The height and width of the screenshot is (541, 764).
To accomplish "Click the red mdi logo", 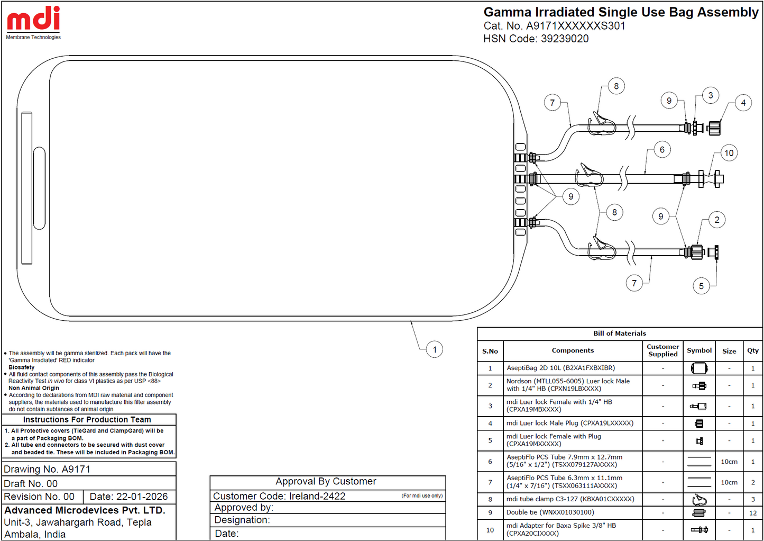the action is point(33,18).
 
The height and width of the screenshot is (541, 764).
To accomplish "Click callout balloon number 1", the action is point(434,349).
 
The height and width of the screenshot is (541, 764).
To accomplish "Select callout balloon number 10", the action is point(729,152).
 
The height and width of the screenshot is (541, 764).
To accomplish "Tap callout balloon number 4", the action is point(743,103).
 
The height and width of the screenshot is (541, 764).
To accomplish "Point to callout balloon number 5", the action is point(701,286).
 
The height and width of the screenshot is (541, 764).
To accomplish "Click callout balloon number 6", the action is point(662,150).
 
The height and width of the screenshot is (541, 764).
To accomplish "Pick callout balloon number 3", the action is point(711,95).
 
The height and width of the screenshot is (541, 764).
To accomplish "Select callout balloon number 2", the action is point(717,220).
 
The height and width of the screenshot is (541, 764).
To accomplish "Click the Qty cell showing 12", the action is point(753,512).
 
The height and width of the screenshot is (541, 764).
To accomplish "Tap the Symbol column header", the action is point(699,350).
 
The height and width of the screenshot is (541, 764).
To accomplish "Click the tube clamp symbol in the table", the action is point(699,499).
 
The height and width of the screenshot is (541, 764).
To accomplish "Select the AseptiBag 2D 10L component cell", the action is point(561,368).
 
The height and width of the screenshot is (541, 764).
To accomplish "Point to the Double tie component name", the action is point(550,512).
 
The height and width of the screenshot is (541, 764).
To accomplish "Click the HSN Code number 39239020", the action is point(565,39).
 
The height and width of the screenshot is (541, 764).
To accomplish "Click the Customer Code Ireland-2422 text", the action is point(279,496).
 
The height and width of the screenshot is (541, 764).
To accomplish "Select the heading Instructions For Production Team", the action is point(87,419).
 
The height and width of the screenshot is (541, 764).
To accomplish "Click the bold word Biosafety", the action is point(22,367).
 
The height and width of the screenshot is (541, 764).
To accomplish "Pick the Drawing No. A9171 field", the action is point(47,470).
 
